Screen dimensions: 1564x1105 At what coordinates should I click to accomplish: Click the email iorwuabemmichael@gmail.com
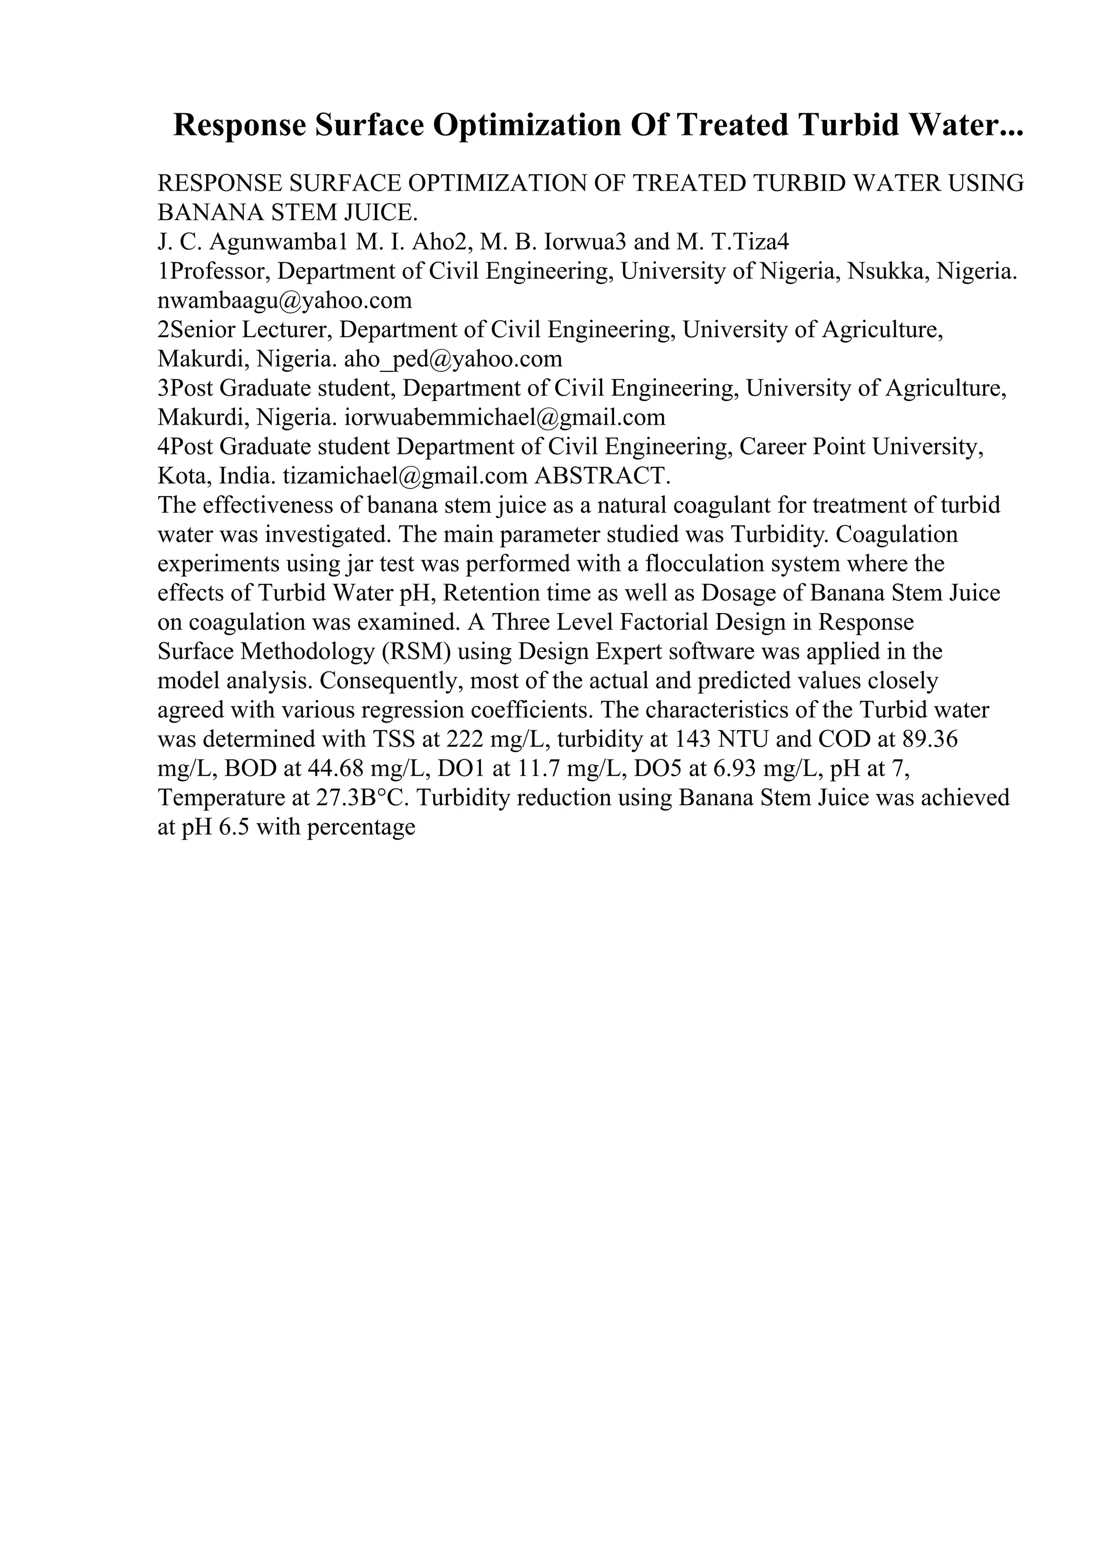505,417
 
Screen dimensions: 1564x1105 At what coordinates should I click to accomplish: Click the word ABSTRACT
603,475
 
